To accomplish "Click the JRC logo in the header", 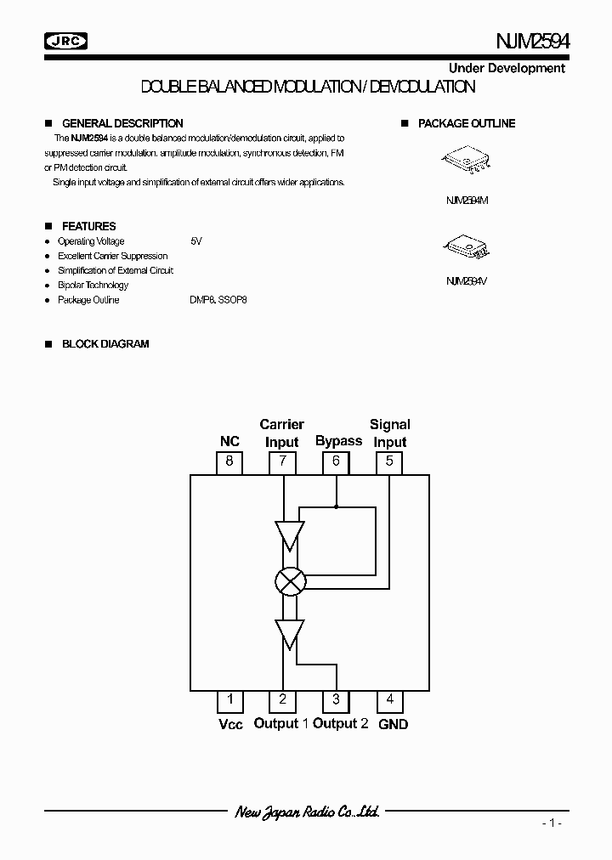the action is (x=65, y=40).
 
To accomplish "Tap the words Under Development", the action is (x=507, y=68).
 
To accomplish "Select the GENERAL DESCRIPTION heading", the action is (x=122, y=123).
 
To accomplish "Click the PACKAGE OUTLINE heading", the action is (x=467, y=123).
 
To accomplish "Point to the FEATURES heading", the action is (x=88, y=226).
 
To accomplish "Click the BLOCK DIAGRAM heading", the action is (x=105, y=344).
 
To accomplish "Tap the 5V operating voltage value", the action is (x=196, y=241).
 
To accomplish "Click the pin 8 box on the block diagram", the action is (x=229, y=462).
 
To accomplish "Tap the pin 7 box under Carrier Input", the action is (x=282, y=462).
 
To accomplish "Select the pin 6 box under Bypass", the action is (x=336, y=462).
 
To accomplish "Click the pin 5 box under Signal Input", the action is (x=389, y=462).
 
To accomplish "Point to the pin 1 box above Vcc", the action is (x=229, y=700).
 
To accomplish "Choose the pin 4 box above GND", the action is (x=390, y=700).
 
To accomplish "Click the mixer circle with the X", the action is (x=290, y=581).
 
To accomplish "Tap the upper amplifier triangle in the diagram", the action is (x=290, y=534).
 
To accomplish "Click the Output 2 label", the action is (x=340, y=723).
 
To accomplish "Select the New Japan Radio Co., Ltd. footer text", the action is (x=307, y=812).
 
